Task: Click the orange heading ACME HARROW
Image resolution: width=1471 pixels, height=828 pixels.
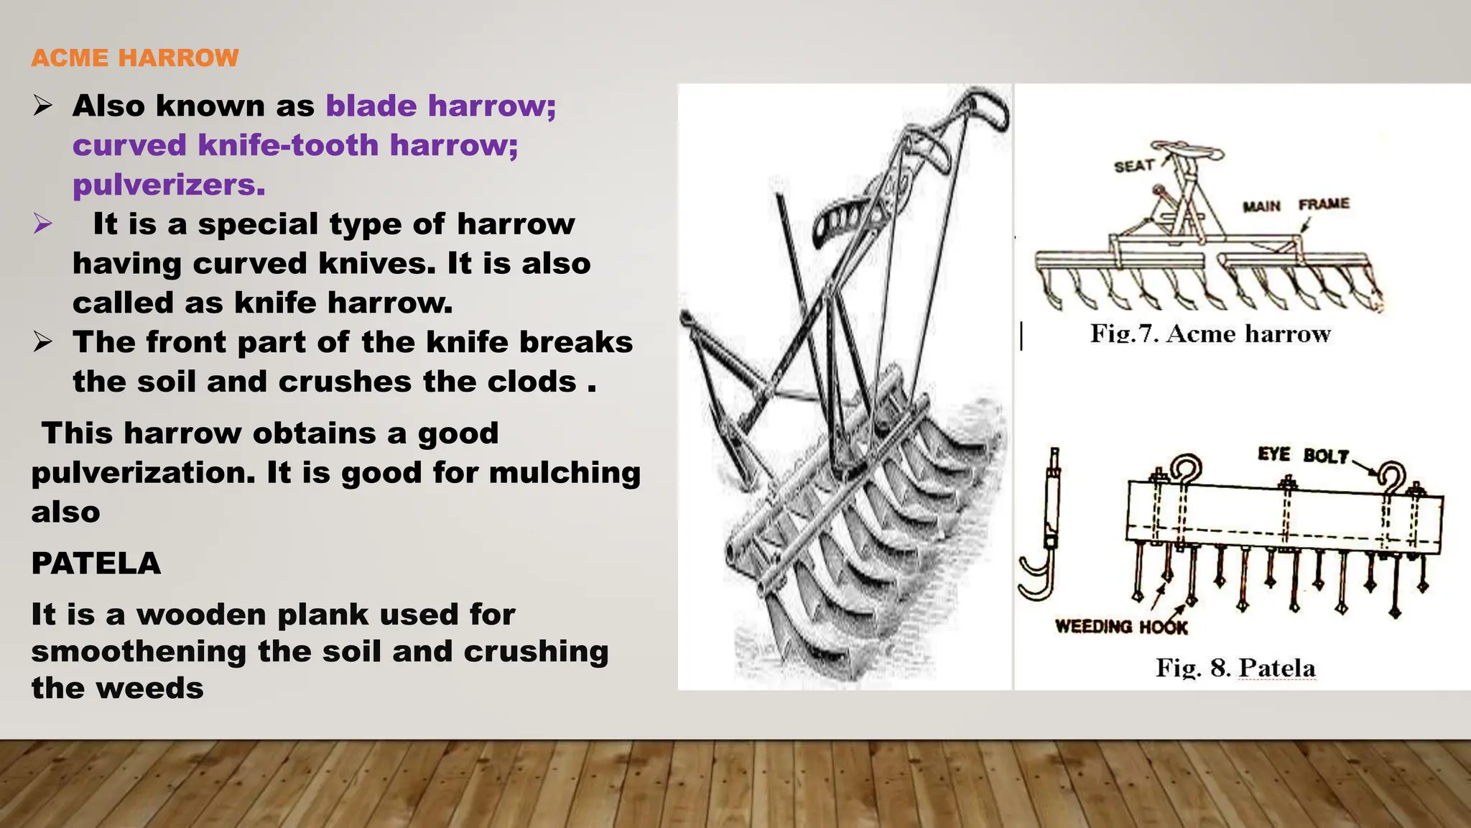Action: (x=134, y=57)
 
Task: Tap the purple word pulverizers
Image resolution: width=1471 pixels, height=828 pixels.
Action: (x=169, y=185)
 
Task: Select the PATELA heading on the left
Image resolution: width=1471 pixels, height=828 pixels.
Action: (x=96, y=563)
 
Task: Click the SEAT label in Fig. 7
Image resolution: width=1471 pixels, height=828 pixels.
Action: (x=1133, y=166)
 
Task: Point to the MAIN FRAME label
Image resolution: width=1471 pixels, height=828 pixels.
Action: (x=1296, y=206)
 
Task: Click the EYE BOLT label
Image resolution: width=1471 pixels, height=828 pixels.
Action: (x=1303, y=455)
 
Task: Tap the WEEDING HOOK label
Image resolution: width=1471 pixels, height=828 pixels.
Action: (x=1120, y=627)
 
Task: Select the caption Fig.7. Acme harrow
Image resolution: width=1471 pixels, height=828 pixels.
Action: (x=1210, y=333)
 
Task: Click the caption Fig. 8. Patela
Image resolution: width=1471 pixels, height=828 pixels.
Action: (x=1235, y=668)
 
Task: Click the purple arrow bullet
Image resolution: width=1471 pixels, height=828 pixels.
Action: (x=42, y=224)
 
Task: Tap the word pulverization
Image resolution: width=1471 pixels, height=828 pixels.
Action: (x=144, y=473)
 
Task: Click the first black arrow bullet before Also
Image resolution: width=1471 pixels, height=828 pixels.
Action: (x=42, y=106)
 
